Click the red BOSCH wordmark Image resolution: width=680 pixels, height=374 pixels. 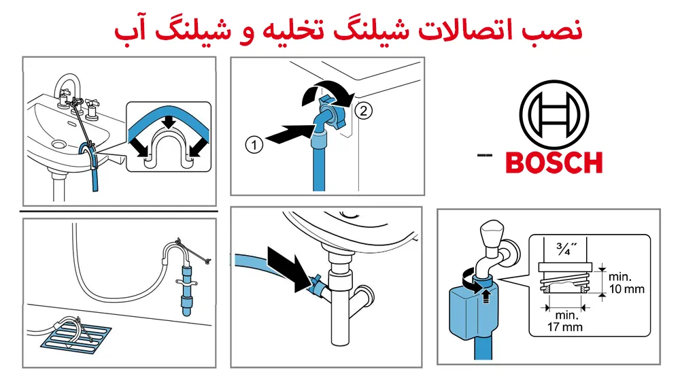pyautogui.click(x=554, y=163)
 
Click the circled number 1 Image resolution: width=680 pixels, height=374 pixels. pyautogui.click(x=254, y=144)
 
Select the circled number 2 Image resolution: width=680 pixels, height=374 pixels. pyautogui.click(x=363, y=111)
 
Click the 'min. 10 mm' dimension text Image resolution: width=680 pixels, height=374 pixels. pyautogui.click(x=626, y=283)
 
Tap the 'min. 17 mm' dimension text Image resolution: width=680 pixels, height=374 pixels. pyautogui.click(x=564, y=321)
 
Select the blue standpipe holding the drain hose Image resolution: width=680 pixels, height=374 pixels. pyautogui.click(x=186, y=290)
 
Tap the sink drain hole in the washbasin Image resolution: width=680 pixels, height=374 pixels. pyautogui.click(x=58, y=144)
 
